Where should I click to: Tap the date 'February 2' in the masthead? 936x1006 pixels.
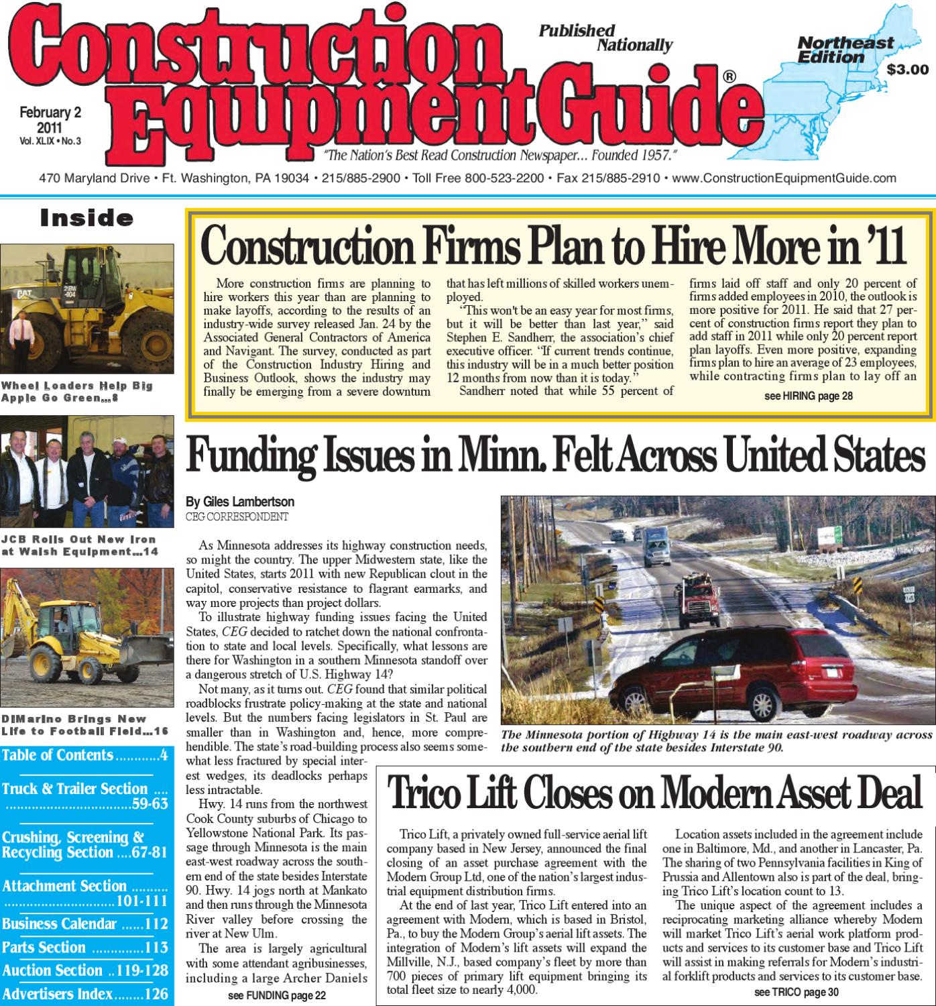pos(50,113)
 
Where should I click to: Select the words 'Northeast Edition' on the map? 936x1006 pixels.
pos(845,50)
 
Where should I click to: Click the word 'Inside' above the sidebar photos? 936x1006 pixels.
pos(86,218)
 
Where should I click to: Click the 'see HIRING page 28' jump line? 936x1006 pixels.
pos(808,396)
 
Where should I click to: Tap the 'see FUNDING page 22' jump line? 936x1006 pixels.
pos(276,995)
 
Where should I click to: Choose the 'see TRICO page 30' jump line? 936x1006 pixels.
pos(796,993)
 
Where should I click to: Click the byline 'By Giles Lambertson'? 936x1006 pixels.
pos(240,502)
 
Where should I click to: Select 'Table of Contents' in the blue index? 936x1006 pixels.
pos(58,755)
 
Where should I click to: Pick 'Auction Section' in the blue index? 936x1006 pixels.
pos(52,970)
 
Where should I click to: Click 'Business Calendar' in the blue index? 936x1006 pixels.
pos(59,924)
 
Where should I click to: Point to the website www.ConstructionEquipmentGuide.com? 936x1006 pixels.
pos(783,178)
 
